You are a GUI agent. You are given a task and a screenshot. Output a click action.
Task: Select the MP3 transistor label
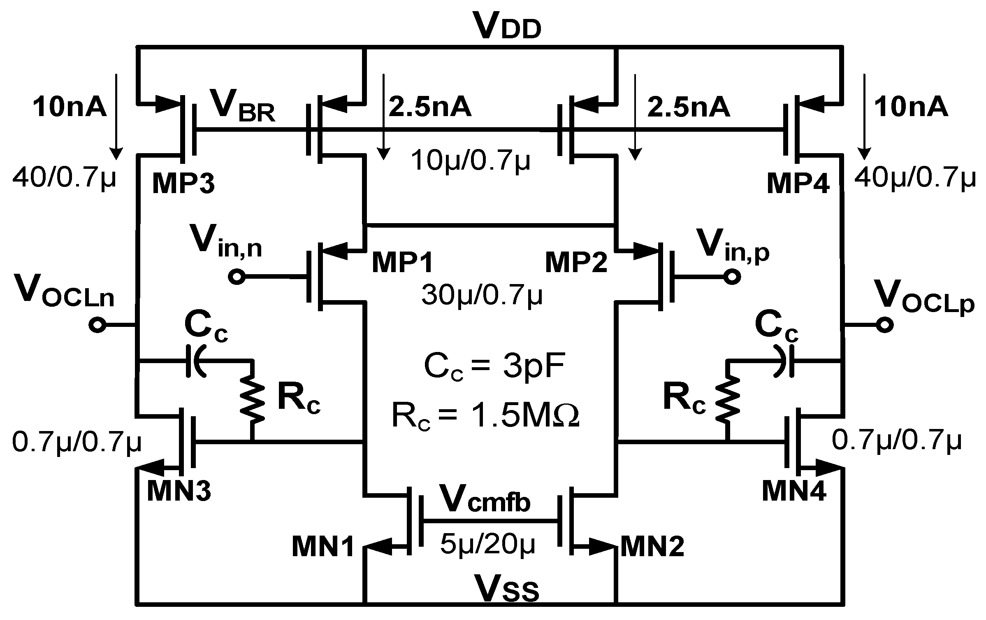pos(183,184)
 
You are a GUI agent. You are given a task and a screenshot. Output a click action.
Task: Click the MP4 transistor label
pos(798,184)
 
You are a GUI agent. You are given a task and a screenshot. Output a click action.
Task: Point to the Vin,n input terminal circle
pos(237,277)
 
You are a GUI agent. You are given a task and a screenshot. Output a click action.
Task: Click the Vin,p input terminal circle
pos(732,277)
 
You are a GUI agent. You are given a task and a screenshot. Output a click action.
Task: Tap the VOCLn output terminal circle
pos(97,326)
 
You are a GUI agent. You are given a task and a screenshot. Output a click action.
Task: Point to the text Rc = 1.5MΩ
pos(485,416)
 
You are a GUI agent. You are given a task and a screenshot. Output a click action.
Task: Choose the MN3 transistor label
pos(179,491)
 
